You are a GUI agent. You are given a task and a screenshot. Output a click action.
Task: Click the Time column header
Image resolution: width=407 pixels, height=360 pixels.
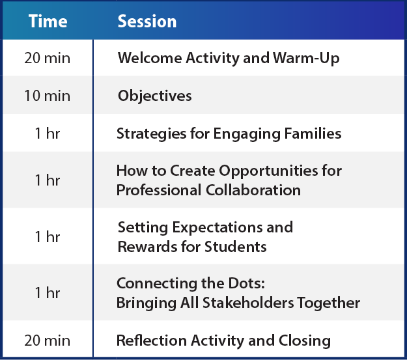tap(48, 21)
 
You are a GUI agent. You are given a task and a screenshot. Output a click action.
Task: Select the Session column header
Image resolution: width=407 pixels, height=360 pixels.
tap(147, 21)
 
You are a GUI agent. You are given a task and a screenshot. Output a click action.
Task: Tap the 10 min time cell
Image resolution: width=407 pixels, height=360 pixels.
tap(48, 96)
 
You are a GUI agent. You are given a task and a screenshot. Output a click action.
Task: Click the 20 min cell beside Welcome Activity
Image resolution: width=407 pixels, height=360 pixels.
tap(48, 58)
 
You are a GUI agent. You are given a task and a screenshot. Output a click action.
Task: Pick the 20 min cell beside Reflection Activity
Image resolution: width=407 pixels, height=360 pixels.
tap(48, 340)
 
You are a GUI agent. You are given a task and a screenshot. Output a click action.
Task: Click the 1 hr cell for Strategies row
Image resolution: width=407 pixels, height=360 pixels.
tap(48, 133)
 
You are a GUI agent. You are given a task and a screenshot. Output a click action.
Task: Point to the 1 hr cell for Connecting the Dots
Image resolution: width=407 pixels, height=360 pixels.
tap(48, 293)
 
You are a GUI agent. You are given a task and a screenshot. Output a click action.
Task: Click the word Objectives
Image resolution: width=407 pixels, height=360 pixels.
tap(155, 96)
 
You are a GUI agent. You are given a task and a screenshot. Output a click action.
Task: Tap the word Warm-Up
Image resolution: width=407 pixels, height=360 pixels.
tap(306, 59)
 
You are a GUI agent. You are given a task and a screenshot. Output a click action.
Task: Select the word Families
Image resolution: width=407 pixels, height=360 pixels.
tap(313, 133)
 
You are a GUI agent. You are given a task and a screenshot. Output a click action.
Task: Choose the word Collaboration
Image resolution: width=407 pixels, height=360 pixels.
tap(253, 190)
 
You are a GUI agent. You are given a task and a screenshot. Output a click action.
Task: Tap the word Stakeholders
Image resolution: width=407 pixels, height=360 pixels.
tap(248, 303)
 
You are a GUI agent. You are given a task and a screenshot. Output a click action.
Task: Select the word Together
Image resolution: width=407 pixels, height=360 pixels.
tap(328, 303)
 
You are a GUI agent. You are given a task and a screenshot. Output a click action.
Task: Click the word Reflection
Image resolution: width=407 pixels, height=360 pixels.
tap(152, 340)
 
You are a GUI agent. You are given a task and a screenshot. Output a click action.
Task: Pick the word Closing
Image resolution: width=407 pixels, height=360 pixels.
tap(305, 341)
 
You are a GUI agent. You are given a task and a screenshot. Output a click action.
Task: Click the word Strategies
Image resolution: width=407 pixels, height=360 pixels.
tap(152, 134)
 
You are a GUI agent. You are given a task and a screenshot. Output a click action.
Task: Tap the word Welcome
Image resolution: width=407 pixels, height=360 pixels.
tap(150, 58)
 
